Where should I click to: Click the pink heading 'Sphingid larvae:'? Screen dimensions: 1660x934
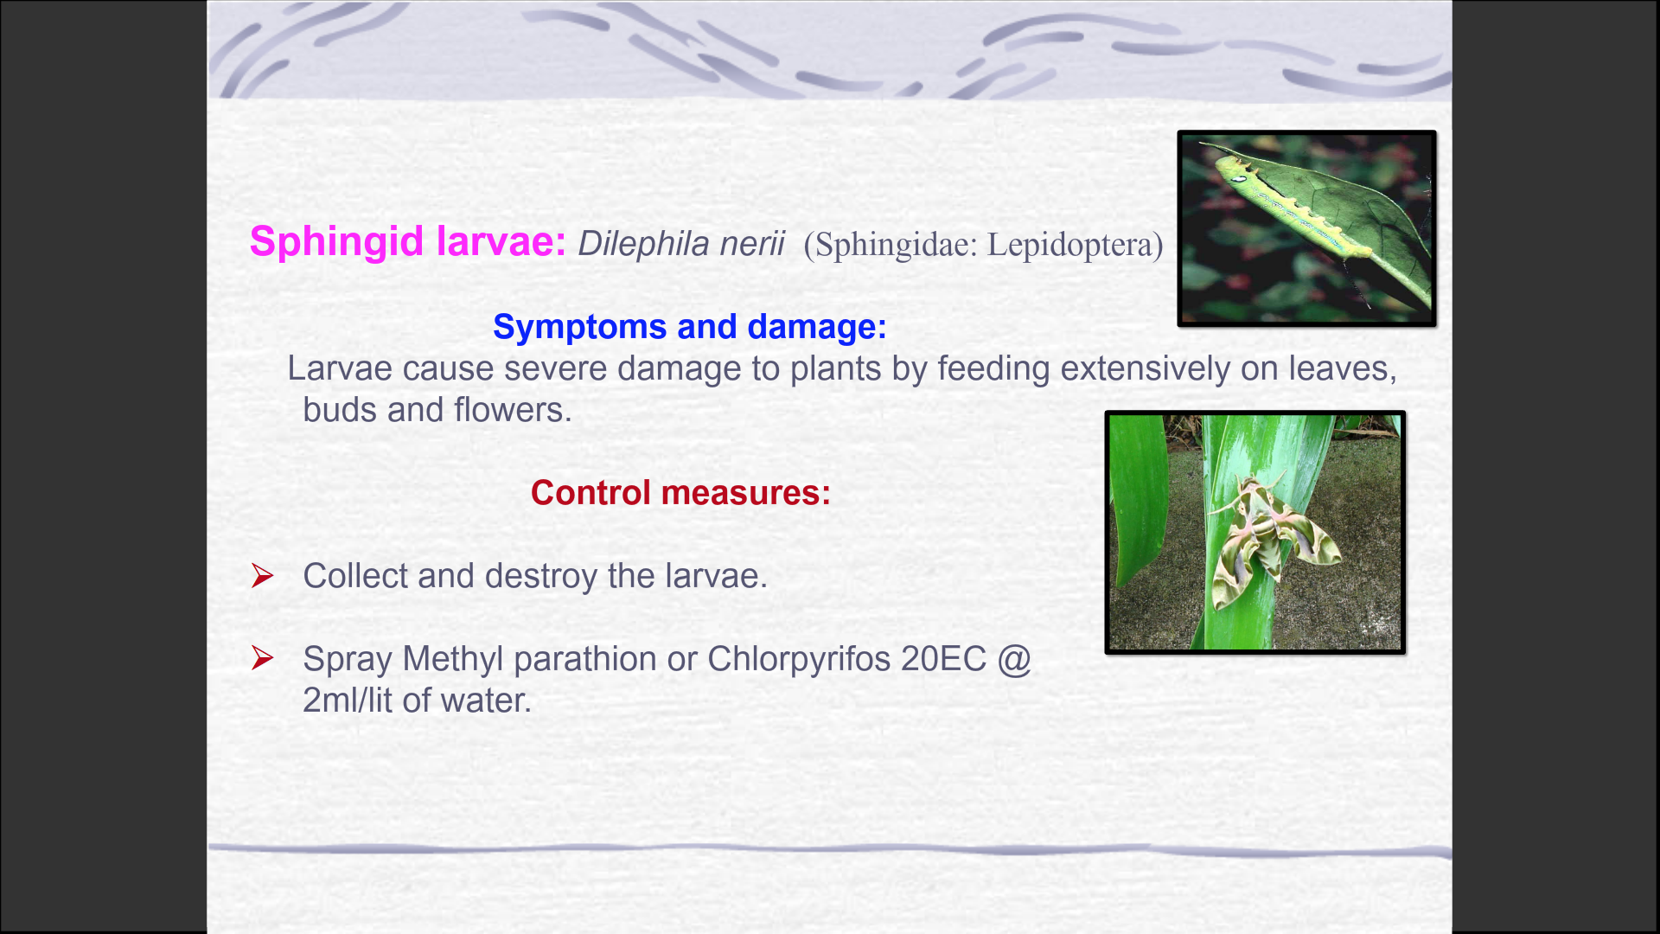tap(407, 242)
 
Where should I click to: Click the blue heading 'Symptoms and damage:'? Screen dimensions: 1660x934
tap(690, 328)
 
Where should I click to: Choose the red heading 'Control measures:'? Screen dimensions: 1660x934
tap(680, 493)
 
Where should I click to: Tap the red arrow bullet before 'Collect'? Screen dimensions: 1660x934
tap(263, 575)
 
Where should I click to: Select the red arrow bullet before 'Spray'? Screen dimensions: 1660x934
tap(263, 658)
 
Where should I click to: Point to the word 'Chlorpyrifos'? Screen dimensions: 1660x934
tap(799, 660)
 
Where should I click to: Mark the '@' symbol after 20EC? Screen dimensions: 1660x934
tap(1014, 660)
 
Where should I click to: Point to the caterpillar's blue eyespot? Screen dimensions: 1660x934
tap(1240, 179)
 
